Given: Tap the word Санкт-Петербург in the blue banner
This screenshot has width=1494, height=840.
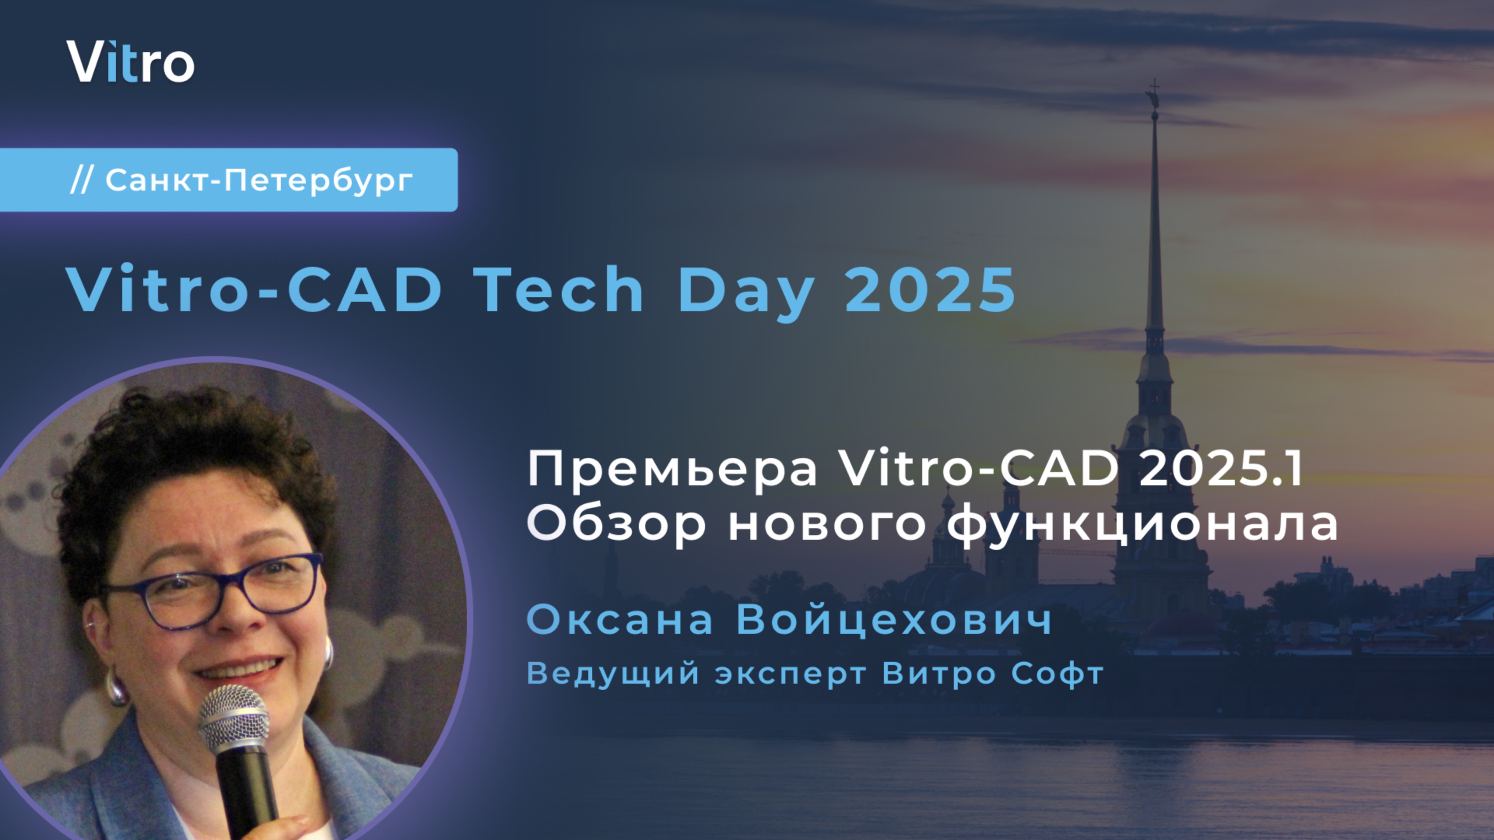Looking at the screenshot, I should coord(259,180).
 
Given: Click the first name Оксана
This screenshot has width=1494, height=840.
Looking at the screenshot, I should coord(619,620).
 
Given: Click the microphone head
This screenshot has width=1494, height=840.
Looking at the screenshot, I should coord(234,719).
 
